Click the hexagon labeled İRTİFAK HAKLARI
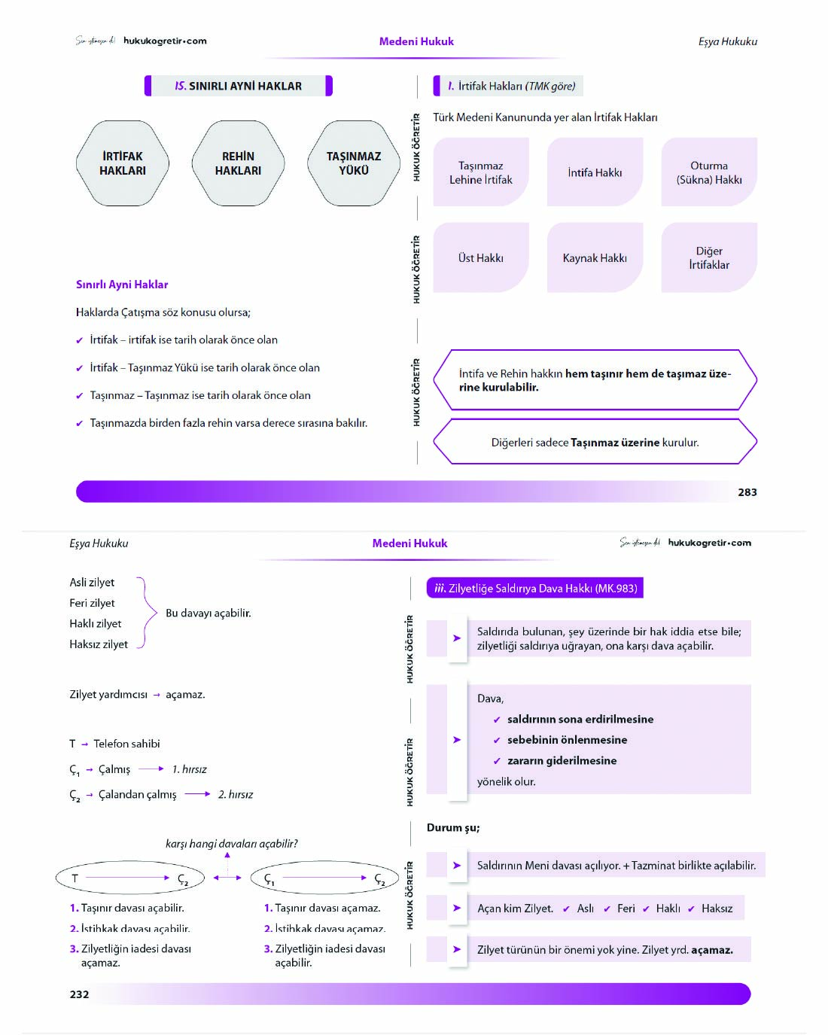[x=122, y=163]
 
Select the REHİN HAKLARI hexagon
[x=238, y=163]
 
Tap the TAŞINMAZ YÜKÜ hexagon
[x=354, y=163]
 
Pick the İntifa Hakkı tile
[x=595, y=172]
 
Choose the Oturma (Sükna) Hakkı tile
[x=708, y=172]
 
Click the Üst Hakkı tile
[x=481, y=257]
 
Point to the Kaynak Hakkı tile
[x=595, y=257]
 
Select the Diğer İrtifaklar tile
[x=708, y=257]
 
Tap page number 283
[x=747, y=492]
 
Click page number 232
[x=79, y=994]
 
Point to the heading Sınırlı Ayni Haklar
[x=122, y=285]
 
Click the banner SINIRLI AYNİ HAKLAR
[x=238, y=86]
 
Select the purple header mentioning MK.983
[x=534, y=588]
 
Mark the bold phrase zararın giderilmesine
[x=562, y=760]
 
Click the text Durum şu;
[x=452, y=827]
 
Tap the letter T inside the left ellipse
[x=75, y=878]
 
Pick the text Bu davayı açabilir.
[x=209, y=613]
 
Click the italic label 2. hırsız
[x=236, y=794]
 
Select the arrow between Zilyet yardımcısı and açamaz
[x=157, y=695]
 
